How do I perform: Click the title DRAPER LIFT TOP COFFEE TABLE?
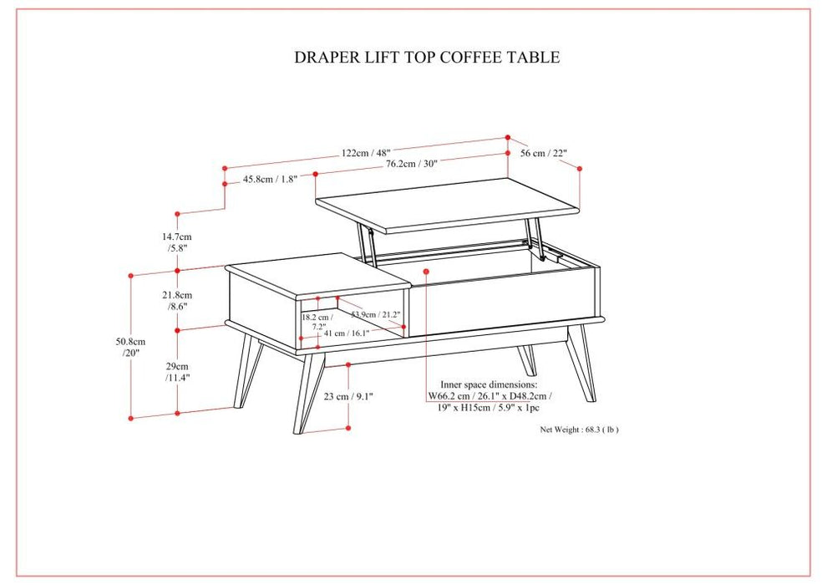coord(427,58)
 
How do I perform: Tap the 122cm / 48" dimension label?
coord(366,153)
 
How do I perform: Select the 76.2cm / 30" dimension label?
coord(411,164)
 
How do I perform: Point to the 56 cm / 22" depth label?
coord(544,153)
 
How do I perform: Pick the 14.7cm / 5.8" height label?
coord(179,242)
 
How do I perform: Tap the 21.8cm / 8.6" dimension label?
coord(178,301)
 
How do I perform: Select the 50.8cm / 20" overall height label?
coord(131,347)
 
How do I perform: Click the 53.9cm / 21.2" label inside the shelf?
coord(376,315)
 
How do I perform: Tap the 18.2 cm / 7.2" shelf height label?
coord(317,323)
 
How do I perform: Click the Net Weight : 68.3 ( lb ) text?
coord(579,430)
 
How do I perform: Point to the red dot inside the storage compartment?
coord(426,271)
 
